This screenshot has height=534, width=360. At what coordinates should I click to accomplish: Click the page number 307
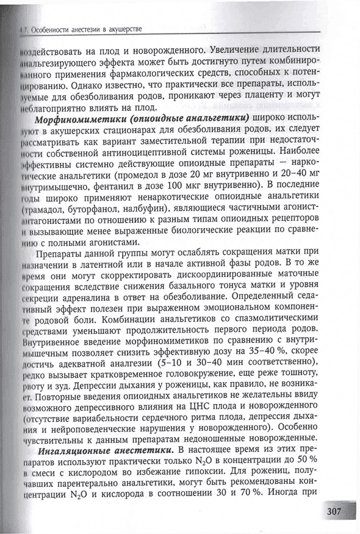[x=336, y=510]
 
